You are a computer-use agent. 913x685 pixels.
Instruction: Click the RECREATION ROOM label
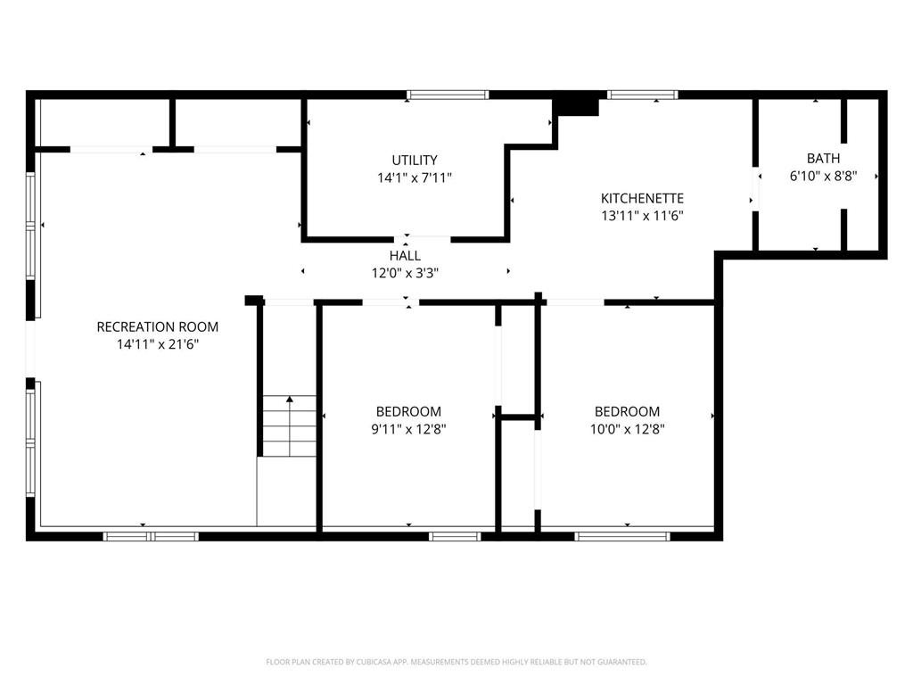tap(158, 326)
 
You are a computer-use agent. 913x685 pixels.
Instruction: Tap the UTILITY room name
tap(415, 161)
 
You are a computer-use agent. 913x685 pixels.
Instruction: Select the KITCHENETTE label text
tap(642, 198)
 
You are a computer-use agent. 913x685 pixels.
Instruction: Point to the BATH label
tap(823, 158)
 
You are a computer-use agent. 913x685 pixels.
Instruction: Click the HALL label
tap(406, 255)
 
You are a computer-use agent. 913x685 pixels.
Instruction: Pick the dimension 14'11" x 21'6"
tap(158, 344)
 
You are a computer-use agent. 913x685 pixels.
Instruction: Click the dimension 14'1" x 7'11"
tap(415, 177)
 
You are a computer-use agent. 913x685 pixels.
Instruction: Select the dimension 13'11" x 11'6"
tap(642, 216)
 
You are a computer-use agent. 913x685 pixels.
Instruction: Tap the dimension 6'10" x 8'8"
tap(823, 176)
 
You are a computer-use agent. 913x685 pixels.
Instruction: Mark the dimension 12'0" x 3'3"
tap(406, 273)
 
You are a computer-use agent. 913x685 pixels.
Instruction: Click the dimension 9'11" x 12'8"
tap(408, 429)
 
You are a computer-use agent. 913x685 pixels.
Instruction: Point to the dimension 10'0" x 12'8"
tap(627, 429)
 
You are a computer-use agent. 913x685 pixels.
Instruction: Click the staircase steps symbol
tap(290, 426)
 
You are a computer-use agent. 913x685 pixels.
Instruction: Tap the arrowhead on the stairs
tap(290, 400)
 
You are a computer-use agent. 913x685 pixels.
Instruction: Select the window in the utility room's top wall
tap(448, 95)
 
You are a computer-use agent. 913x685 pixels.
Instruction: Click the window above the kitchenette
tap(643, 95)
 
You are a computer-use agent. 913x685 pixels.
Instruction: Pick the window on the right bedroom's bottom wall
tap(622, 536)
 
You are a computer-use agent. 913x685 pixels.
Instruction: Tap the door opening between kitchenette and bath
tap(755, 189)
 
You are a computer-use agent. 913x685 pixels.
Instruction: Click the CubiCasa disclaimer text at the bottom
tap(456, 662)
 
